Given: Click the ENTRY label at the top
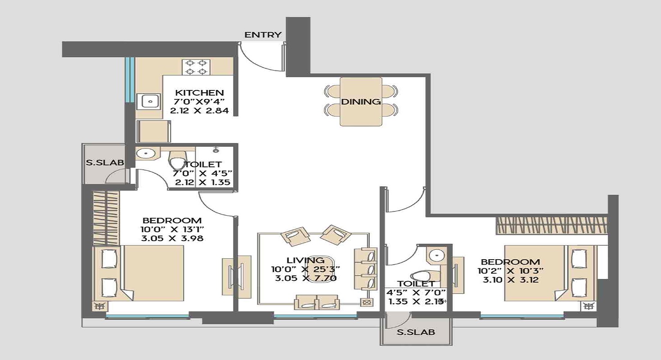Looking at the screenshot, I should click(263, 35).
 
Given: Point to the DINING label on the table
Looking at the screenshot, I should click(360, 102).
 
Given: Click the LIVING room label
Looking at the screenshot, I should click(306, 260).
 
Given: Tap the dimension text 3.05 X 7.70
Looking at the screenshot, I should click(306, 278).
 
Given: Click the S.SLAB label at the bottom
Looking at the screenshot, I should click(415, 333).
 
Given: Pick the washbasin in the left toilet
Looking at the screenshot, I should click(146, 154).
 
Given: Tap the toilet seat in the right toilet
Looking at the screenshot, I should click(420, 275).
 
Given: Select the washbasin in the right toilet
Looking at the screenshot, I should click(436, 256).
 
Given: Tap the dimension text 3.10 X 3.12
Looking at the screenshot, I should click(510, 279).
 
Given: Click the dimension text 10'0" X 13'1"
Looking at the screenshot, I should click(171, 229).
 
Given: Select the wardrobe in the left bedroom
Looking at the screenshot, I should click(106, 218).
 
